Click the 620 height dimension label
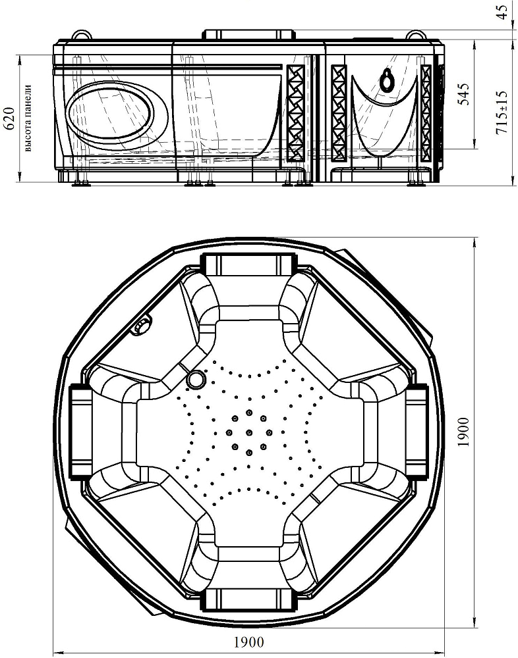click(9, 118)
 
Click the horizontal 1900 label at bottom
click(248, 642)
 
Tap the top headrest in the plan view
click(248, 263)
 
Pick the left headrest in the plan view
click(80, 432)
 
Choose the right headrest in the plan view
click(417, 432)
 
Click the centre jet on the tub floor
click(249, 432)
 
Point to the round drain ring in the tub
click(196, 379)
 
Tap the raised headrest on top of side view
click(248, 34)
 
